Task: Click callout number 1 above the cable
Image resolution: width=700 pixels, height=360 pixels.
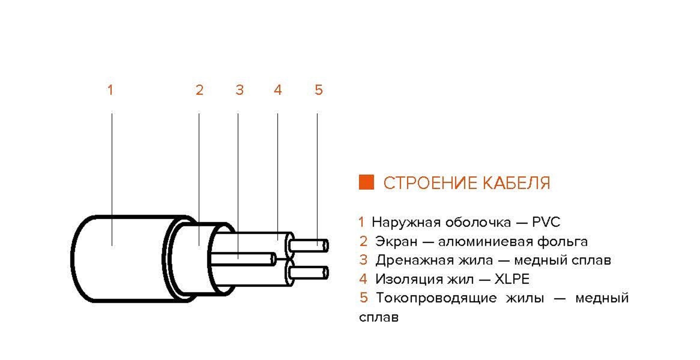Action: tap(110, 90)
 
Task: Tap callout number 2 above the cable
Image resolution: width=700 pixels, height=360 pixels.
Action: tap(199, 90)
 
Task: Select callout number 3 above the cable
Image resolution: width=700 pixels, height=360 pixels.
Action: tap(239, 90)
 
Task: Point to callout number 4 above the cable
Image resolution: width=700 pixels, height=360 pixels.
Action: tap(278, 90)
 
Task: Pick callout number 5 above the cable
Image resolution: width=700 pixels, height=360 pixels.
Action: tap(318, 90)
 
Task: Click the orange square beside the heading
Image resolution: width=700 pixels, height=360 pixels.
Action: tap(366, 182)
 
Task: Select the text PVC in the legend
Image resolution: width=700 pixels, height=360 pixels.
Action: tap(546, 222)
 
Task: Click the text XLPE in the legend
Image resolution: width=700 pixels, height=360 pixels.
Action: tap(512, 279)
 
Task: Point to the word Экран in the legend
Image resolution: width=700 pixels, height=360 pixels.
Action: tap(396, 241)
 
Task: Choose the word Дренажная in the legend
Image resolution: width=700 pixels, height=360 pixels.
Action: tap(419, 260)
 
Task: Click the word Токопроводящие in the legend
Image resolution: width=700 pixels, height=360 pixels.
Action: tap(436, 298)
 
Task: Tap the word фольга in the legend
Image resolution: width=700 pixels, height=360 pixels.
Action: tap(562, 241)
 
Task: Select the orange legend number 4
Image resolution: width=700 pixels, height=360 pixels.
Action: tap(363, 279)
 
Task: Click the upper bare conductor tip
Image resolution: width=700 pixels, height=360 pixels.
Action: tap(325, 246)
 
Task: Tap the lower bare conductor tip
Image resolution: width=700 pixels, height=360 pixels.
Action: tap(325, 273)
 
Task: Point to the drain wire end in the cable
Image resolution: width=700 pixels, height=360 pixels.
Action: tap(273, 259)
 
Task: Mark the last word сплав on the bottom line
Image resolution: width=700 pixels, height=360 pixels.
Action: tap(379, 317)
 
